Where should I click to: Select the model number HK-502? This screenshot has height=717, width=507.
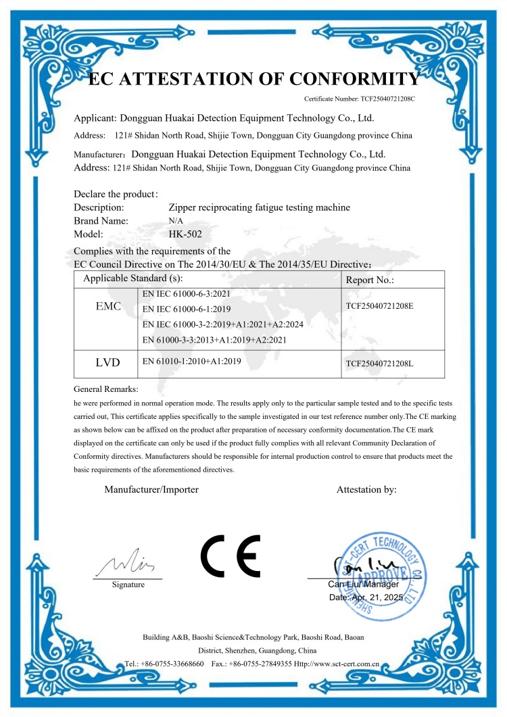pyautogui.click(x=185, y=234)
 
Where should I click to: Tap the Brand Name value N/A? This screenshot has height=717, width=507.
pyautogui.click(x=174, y=221)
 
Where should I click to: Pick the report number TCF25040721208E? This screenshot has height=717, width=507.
pyautogui.click(x=379, y=306)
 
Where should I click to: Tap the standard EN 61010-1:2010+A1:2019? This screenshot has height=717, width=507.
pyautogui.click(x=192, y=362)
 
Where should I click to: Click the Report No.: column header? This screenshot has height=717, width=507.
pyautogui.click(x=370, y=279)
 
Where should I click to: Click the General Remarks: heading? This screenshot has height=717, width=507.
pyautogui.click(x=106, y=389)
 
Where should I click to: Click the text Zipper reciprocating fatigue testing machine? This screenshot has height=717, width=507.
pyautogui.click(x=260, y=207)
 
